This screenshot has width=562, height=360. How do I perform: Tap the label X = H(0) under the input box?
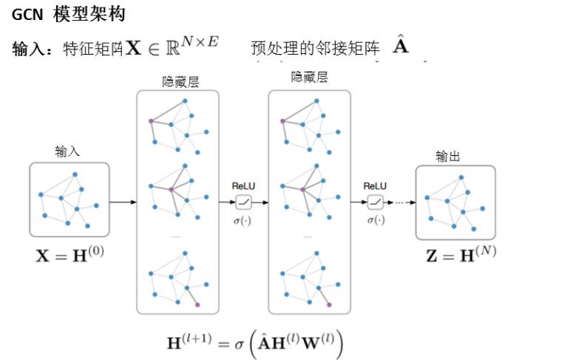point(70,256)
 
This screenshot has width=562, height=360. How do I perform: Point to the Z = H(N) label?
point(461,256)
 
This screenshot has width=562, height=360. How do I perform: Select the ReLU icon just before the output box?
point(376,200)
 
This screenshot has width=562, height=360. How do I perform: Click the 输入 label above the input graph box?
point(67,152)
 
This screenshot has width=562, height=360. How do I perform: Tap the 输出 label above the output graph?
point(447,156)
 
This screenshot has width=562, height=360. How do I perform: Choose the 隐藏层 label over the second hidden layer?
point(309,78)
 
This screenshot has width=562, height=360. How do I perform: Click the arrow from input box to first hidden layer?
point(123,201)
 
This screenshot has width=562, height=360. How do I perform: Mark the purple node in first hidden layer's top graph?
point(151,120)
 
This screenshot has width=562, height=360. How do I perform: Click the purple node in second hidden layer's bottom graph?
point(329,304)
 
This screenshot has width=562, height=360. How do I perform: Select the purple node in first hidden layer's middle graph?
point(171,190)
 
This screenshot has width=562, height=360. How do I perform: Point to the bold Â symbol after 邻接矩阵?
point(400,47)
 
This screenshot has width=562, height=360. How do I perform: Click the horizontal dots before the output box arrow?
point(402,201)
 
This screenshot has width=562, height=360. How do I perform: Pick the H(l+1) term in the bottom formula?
point(189,342)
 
